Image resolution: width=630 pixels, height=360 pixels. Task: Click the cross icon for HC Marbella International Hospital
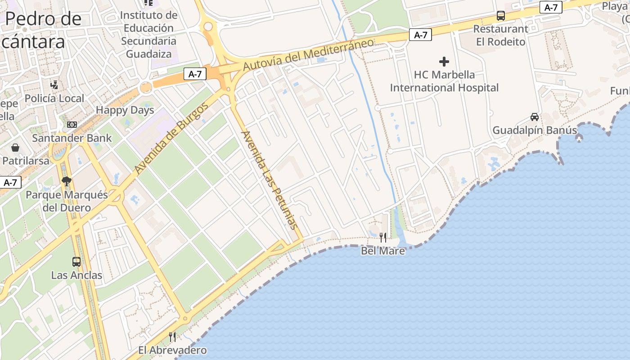click(x=444, y=62)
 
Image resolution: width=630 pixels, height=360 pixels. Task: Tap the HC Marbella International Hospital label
click(x=444, y=81)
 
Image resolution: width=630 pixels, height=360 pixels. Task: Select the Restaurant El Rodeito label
click(x=500, y=35)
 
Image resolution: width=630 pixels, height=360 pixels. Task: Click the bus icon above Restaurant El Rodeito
click(x=500, y=16)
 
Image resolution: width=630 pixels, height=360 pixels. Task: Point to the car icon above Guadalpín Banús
click(x=535, y=117)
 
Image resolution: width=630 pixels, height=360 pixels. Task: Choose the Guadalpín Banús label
click(x=535, y=130)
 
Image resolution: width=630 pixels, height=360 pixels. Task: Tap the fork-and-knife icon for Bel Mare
click(x=383, y=237)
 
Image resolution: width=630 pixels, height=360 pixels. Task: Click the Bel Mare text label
click(x=383, y=251)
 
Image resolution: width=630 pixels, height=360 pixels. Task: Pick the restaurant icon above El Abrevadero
click(x=172, y=337)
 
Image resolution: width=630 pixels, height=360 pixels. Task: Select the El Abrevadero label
click(x=172, y=350)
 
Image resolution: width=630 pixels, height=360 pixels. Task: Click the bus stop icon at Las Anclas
click(x=76, y=262)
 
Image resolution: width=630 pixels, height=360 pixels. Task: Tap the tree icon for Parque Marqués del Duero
click(x=67, y=181)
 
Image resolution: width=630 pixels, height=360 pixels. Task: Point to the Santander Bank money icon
click(x=72, y=124)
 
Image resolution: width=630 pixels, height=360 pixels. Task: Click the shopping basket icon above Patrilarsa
click(x=15, y=148)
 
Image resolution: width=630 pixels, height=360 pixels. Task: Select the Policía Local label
click(x=54, y=99)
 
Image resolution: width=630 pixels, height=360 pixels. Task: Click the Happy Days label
click(x=125, y=110)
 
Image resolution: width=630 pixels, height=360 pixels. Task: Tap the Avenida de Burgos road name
click(x=171, y=139)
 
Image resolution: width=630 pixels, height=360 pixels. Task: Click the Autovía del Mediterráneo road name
click(x=309, y=54)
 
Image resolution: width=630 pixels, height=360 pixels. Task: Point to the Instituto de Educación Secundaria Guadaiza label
click(x=148, y=35)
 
